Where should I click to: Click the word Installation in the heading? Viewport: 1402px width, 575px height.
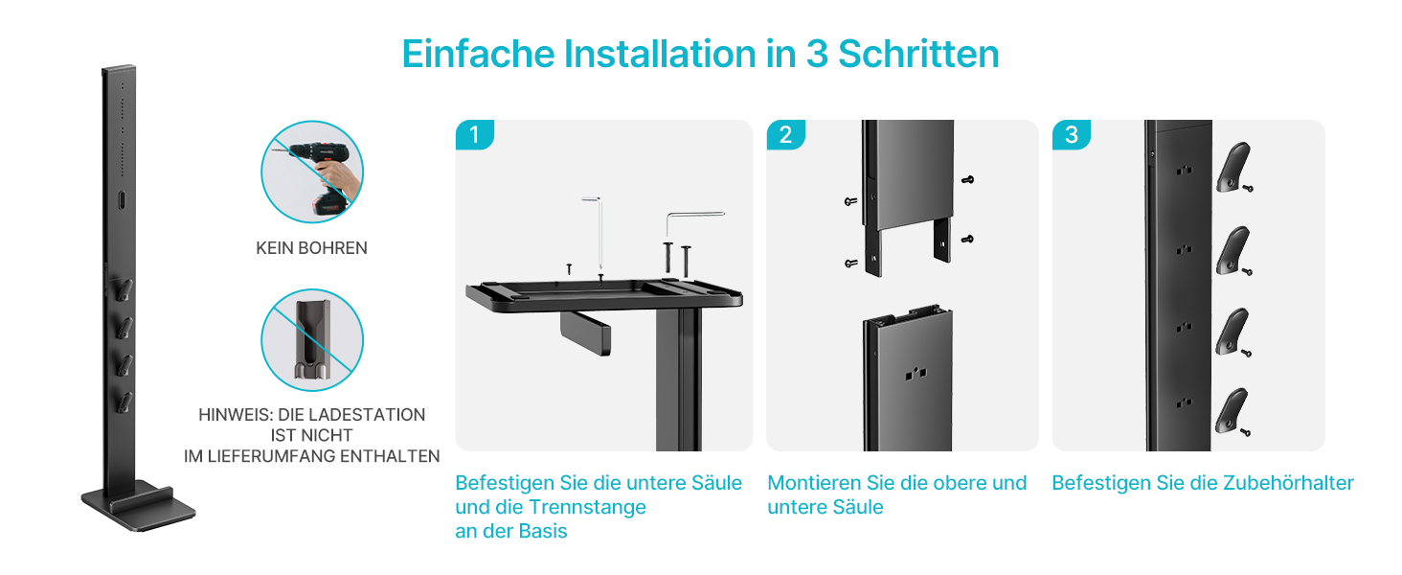click(x=661, y=54)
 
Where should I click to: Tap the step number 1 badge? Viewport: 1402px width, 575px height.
click(x=474, y=135)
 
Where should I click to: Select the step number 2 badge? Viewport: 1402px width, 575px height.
click(x=785, y=135)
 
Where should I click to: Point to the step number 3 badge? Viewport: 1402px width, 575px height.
click(x=1072, y=135)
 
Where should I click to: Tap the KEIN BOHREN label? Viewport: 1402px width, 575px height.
click(x=311, y=248)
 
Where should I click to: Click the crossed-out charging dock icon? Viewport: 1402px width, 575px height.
click(x=312, y=340)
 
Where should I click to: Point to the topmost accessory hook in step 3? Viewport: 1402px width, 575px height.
click(x=1232, y=168)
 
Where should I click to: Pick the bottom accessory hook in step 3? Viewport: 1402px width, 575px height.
click(x=1231, y=412)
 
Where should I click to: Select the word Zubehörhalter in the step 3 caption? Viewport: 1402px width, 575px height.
click(x=1288, y=483)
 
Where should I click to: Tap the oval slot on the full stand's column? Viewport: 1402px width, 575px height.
click(x=122, y=200)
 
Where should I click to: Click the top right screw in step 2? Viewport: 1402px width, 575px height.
click(x=967, y=180)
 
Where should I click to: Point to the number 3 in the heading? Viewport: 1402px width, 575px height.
click(x=817, y=54)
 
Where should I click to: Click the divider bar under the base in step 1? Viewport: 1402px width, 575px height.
click(x=585, y=333)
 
